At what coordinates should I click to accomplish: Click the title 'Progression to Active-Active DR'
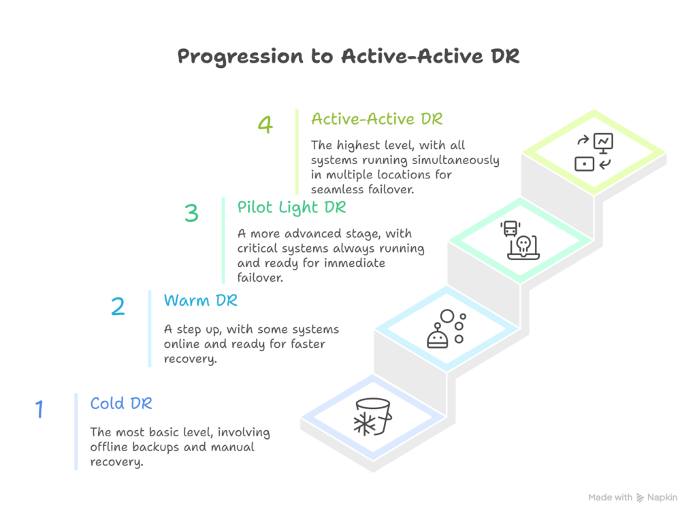[x=348, y=56]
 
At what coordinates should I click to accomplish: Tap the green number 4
[x=265, y=125]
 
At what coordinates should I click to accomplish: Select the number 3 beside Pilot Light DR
[x=191, y=214]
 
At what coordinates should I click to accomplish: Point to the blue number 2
[x=118, y=306]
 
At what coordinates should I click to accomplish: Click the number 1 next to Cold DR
[x=39, y=409]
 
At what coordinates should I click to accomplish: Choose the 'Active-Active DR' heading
[x=376, y=119]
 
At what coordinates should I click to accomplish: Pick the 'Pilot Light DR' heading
[x=291, y=206]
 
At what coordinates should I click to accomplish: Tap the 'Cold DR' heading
[x=121, y=404]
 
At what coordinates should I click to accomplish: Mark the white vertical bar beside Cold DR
[x=76, y=431]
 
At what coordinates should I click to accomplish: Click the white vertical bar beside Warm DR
[x=150, y=328]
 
